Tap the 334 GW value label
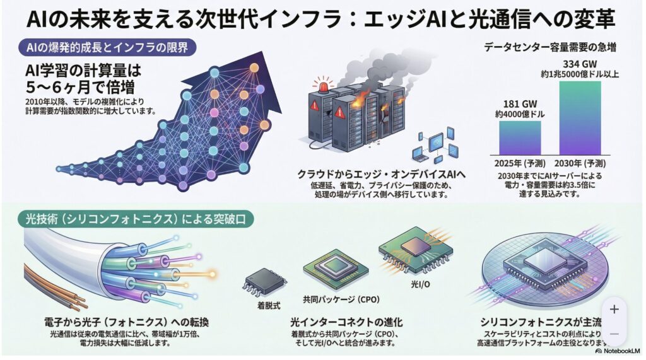(580, 64)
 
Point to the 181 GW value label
(520, 104)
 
